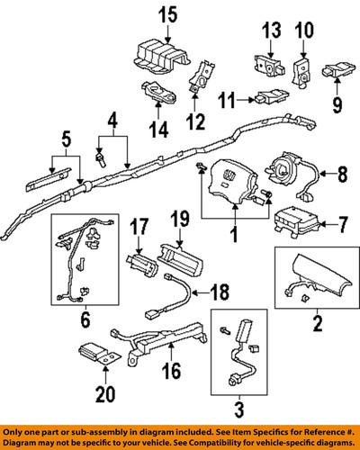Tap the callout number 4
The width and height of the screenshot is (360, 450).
click(x=113, y=119)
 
